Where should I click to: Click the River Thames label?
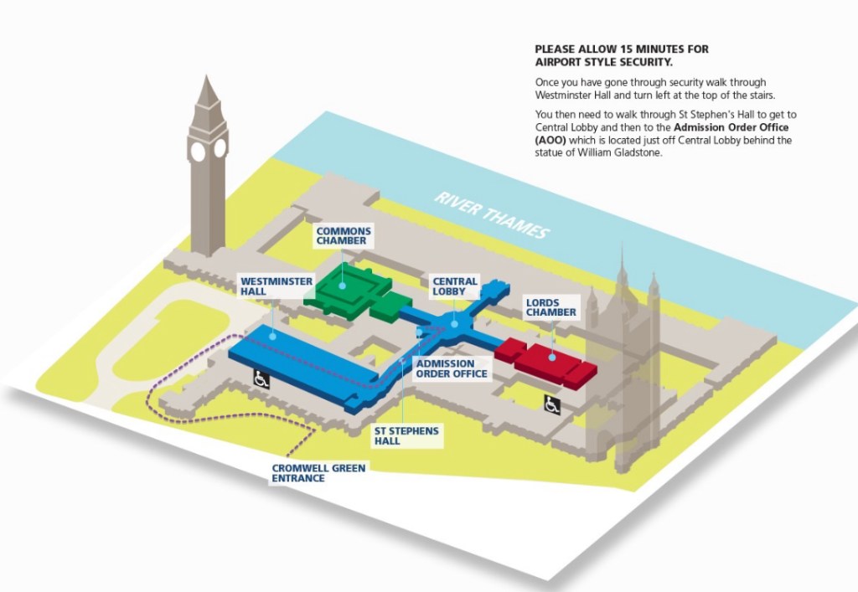(491, 214)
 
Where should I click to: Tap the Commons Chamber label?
(343, 236)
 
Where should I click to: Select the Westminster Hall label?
(264, 286)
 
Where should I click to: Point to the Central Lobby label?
(455, 287)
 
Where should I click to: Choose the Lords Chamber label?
(550, 307)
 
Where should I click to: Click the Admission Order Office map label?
(452, 368)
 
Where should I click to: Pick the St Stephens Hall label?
(406, 435)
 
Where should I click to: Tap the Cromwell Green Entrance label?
(318, 473)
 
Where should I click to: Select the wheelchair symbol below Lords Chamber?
(553, 404)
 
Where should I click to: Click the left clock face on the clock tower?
(198, 152)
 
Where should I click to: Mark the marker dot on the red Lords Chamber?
(552, 358)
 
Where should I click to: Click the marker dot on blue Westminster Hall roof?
(274, 335)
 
